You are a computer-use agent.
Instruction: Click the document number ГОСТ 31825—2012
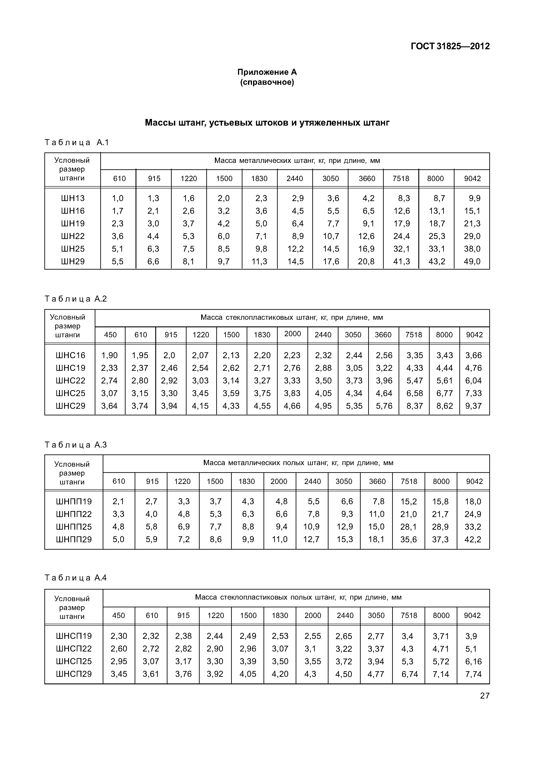[x=450, y=46]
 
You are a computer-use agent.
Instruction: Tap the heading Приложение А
[x=267, y=72]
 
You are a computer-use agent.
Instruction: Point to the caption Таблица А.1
[x=77, y=143]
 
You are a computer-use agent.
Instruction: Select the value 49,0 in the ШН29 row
[x=472, y=261]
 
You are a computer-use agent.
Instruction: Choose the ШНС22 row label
[x=71, y=381]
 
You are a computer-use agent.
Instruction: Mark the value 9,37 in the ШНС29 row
[x=474, y=406]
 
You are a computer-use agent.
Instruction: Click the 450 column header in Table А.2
[x=110, y=335]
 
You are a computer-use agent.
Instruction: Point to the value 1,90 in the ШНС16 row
[x=110, y=355]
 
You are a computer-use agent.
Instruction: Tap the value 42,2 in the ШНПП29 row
[x=473, y=540]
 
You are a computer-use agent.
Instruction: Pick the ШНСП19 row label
[x=74, y=636]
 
